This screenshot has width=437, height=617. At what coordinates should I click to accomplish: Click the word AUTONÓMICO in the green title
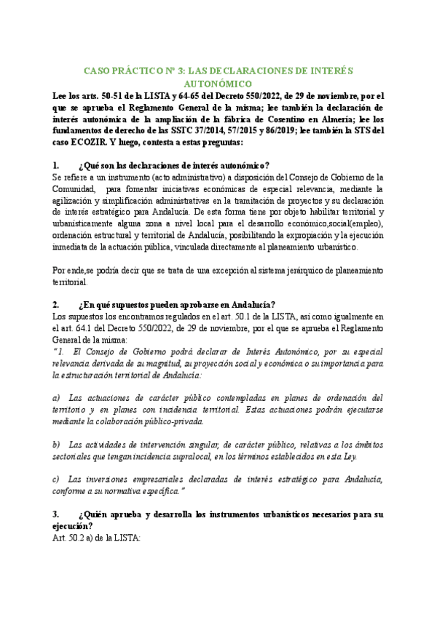[x=219, y=84]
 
